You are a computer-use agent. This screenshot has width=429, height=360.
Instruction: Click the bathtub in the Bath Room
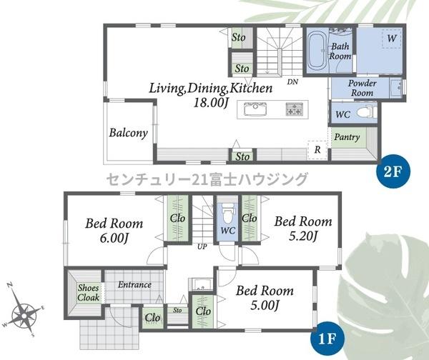pos(317,52)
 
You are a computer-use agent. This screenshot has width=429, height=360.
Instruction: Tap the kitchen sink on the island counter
pos(255,109)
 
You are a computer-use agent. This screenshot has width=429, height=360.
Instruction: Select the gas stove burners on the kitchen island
pos(295,109)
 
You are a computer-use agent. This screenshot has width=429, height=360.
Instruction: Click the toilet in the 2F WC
pos(367,112)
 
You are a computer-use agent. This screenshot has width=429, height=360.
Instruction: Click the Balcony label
pos(129,133)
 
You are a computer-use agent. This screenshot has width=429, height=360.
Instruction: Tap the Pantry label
pos(347,137)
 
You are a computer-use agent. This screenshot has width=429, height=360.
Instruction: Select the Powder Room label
pos(363,88)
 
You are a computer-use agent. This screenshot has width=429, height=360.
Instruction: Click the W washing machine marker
pos(392,38)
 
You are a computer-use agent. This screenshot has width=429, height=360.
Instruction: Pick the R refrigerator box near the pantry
pos(317,149)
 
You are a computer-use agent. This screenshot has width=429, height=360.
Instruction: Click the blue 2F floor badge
pos(393,171)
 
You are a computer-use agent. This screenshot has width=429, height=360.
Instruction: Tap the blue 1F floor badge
pos(327,339)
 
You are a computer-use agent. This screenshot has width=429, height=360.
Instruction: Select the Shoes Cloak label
pos(88,292)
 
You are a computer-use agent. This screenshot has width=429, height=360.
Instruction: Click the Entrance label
pos(134,285)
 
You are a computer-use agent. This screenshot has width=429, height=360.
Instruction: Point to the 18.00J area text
pos(211,103)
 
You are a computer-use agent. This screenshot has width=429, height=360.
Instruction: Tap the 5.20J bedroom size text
pos(303,236)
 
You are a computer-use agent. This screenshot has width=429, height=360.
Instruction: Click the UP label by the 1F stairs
pos(202,247)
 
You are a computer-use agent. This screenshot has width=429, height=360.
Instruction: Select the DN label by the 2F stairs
pos(292,81)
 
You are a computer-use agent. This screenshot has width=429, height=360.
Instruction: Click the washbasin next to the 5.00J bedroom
pos(202,285)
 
